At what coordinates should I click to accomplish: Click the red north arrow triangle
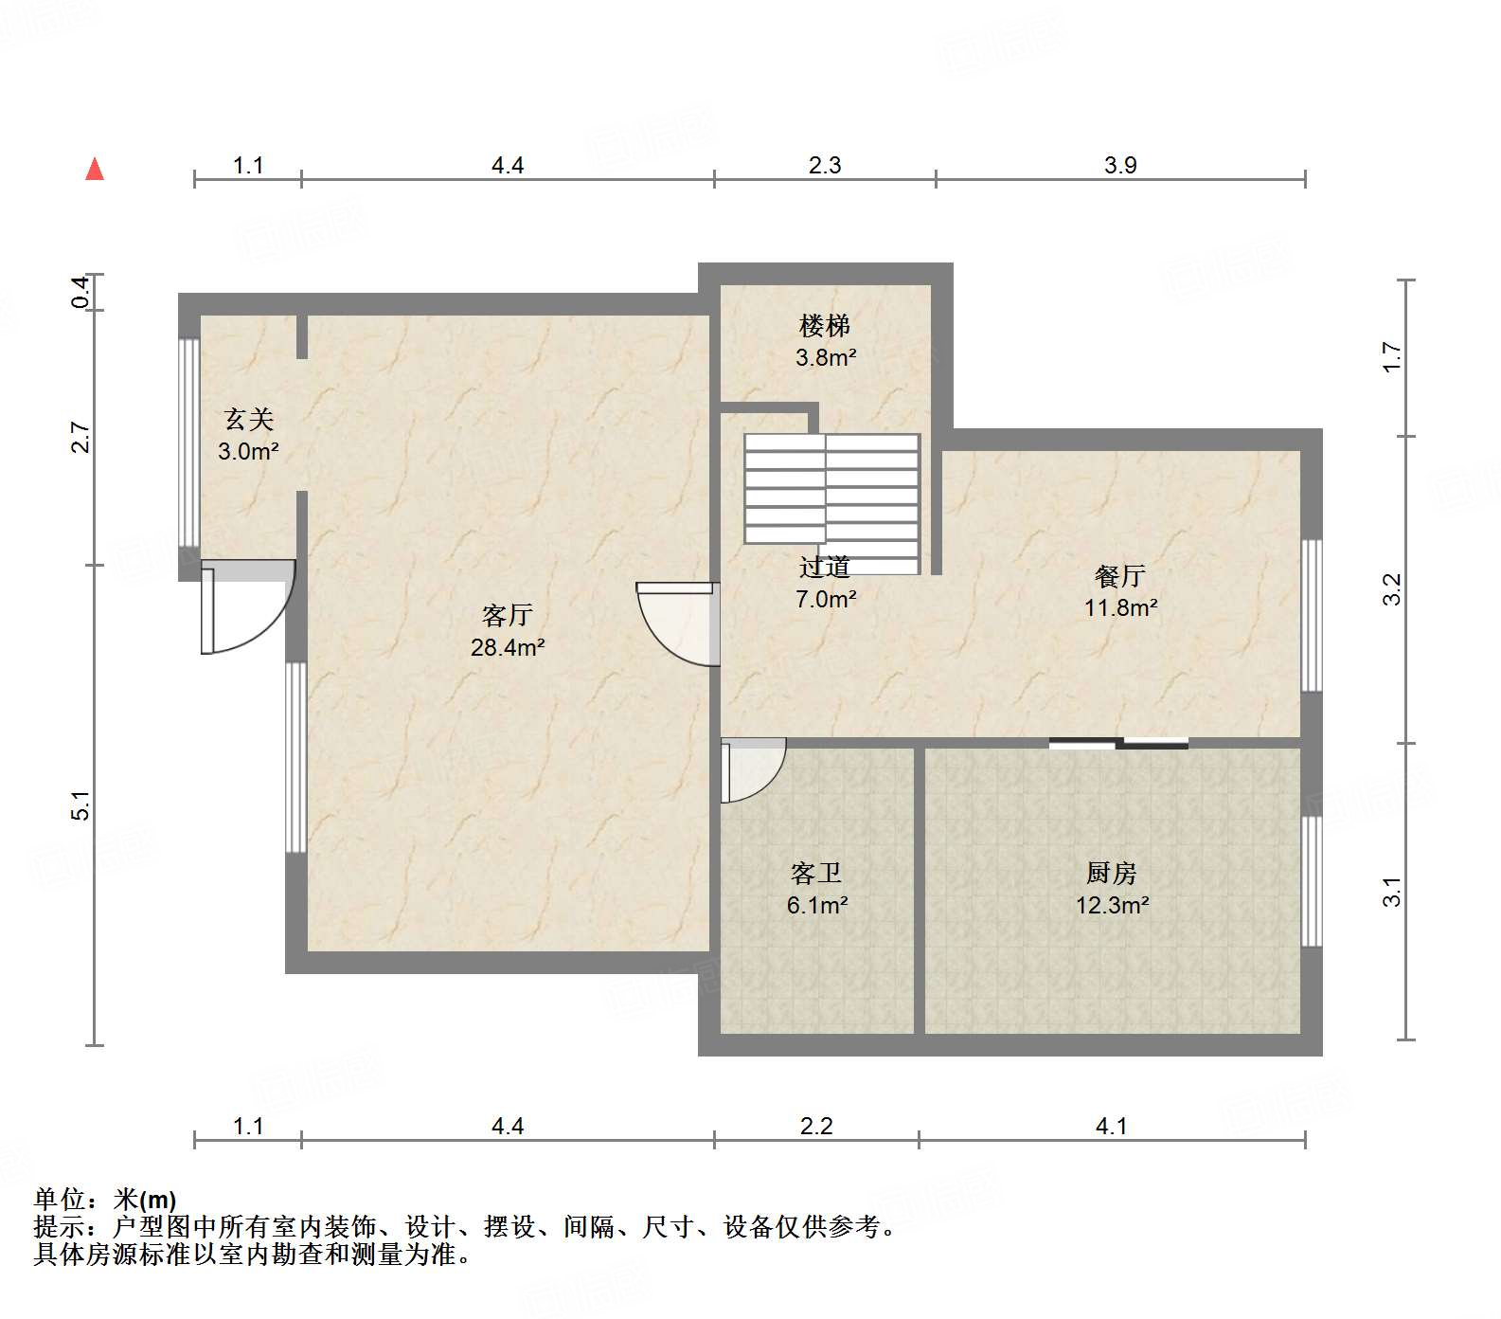click(x=95, y=169)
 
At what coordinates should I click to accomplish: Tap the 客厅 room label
click(x=507, y=616)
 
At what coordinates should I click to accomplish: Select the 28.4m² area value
click(x=507, y=648)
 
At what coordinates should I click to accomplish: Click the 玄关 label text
click(x=248, y=419)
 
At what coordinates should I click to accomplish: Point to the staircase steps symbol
click(x=831, y=493)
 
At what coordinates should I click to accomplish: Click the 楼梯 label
click(x=825, y=326)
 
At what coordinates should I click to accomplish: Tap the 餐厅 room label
click(x=1119, y=576)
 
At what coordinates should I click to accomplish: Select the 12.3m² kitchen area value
click(x=1112, y=905)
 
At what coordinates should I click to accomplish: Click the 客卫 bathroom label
click(x=815, y=873)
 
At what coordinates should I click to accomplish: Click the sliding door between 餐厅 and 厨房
click(x=1118, y=743)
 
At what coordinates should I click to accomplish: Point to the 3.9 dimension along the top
click(x=1119, y=165)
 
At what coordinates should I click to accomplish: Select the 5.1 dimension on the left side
click(x=82, y=805)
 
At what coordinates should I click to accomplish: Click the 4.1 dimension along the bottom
click(x=1111, y=1126)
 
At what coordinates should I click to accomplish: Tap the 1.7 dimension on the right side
click(x=1391, y=356)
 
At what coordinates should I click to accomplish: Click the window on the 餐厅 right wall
click(x=1312, y=616)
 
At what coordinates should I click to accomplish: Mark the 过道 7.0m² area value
click(x=826, y=600)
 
